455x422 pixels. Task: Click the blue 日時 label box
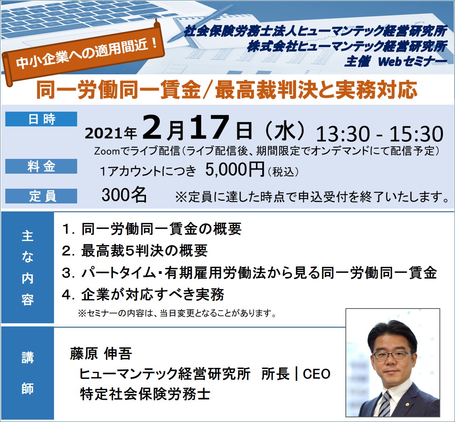pyautogui.click(x=41, y=119)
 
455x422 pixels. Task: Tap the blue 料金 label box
pyautogui.click(x=41, y=166)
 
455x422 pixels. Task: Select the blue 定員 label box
pyautogui.click(x=41, y=196)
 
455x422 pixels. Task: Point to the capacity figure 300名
pyautogui.click(x=124, y=195)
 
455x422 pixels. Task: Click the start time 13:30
pyautogui.click(x=343, y=134)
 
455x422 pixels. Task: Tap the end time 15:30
pyautogui.click(x=416, y=134)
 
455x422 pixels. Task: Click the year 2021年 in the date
pyautogui.click(x=111, y=133)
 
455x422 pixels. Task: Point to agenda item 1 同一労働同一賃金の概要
pyautogui.click(x=152, y=229)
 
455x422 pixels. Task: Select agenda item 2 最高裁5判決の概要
pyautogui.click(x=135, y=251)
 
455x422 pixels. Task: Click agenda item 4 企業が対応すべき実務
pyautogui.click(x=143, y=295)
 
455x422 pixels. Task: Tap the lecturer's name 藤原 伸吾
pyautogui.click(x=101, y=354)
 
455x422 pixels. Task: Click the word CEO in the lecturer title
pyautogui.click(x=317, y=374)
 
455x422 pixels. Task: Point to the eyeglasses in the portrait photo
pyautogui.click(x=392, y=354)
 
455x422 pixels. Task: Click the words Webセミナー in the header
pyautogui.click(x=412, y=61)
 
